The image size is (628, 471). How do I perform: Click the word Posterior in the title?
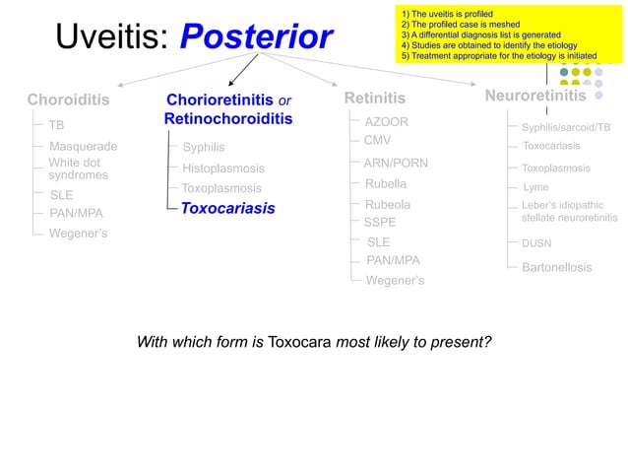tap(258, 37)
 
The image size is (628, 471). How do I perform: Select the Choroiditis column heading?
tap(68, 100)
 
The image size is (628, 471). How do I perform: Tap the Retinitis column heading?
tap(374, 99)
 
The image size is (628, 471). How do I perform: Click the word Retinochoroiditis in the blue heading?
tap(227, 119)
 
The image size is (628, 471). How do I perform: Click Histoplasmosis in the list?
tap(222, 168)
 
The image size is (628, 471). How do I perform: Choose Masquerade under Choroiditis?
tap(83, 147)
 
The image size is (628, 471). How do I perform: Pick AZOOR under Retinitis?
tap(386, 121)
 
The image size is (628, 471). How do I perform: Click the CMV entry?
tap(377, 141)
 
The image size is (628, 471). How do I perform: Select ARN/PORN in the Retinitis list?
tap(396, 163)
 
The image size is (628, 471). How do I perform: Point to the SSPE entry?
tap(380, 223)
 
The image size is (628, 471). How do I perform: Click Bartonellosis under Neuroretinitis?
tap(556, 268)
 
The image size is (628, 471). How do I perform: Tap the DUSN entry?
tap(537, 242)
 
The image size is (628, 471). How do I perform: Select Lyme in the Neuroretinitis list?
tap(534, 187)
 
